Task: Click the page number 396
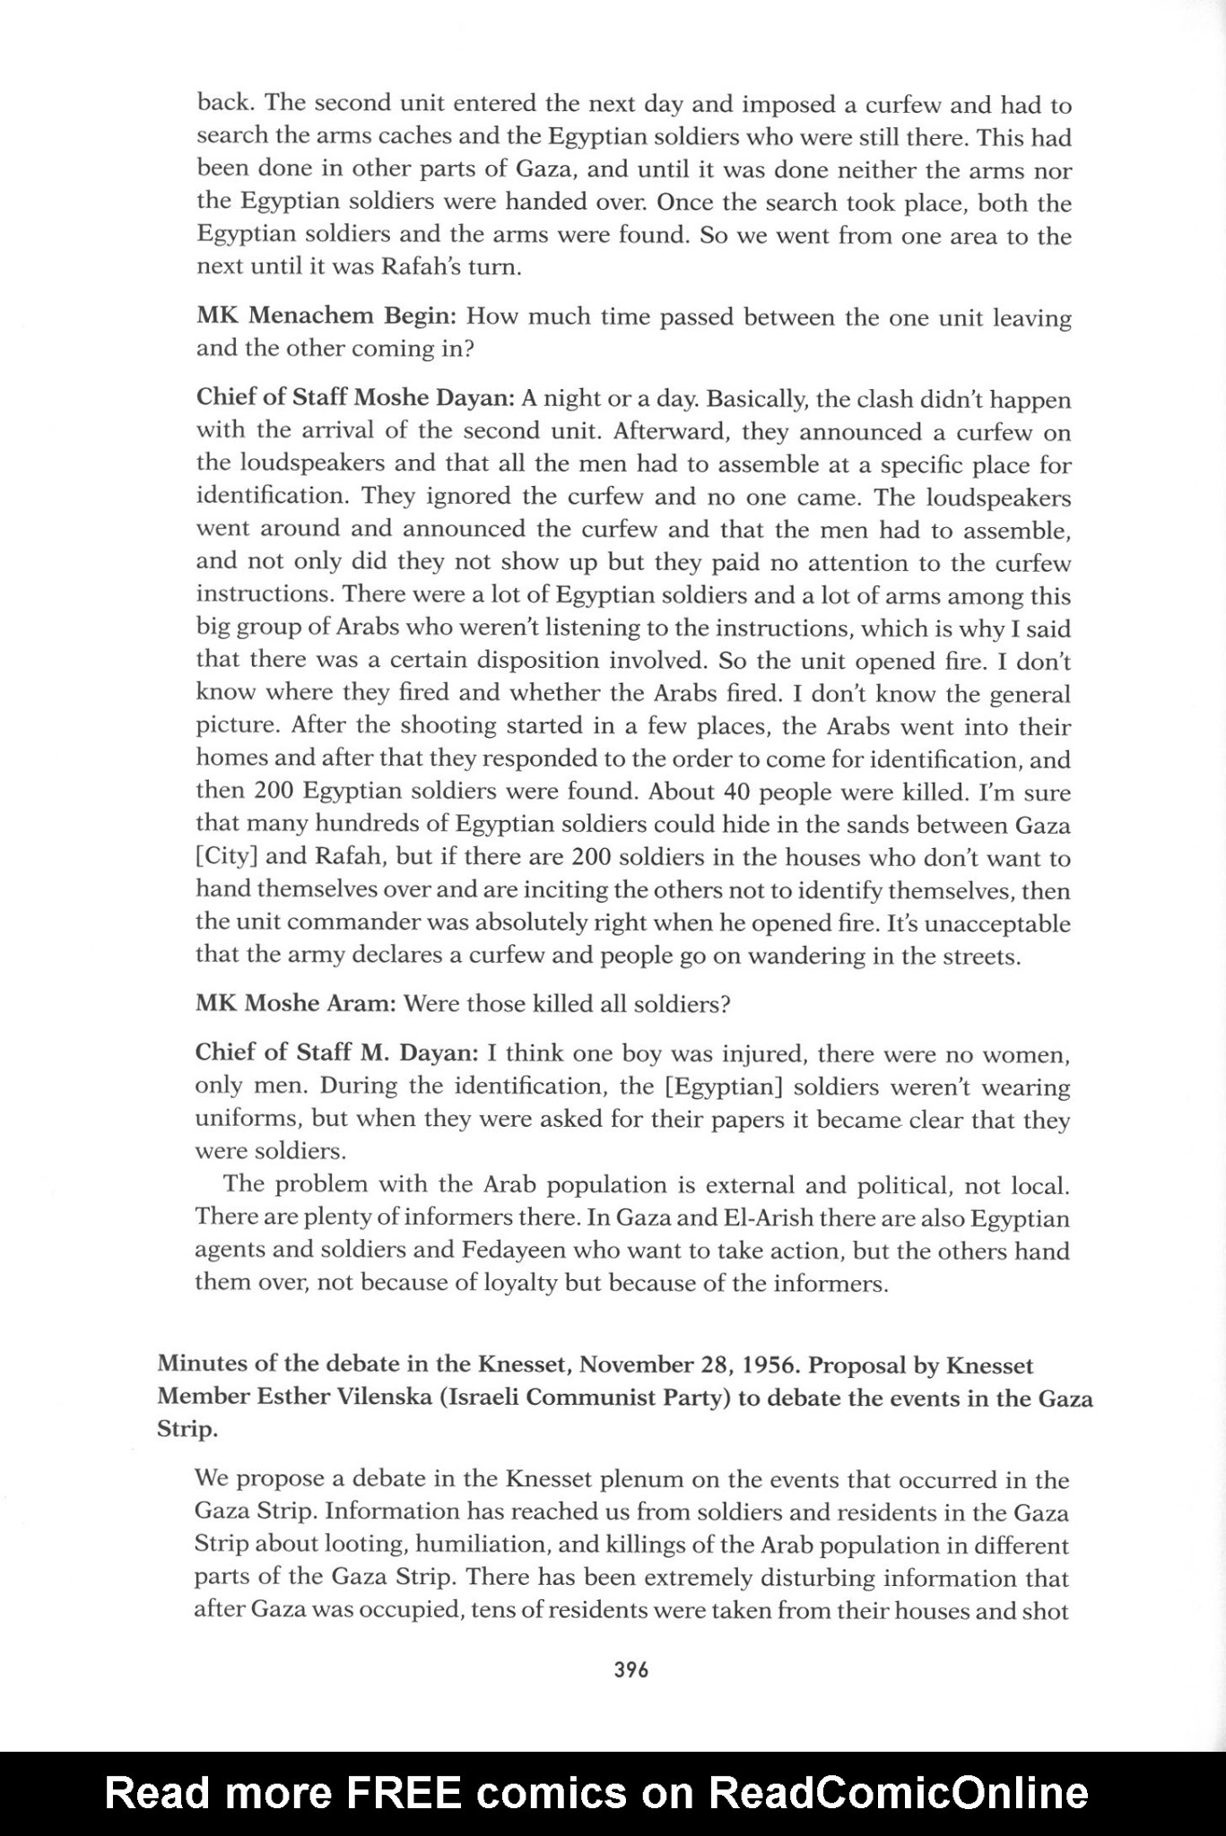pyautogui.click(x=631, y=1669)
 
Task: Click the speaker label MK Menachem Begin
pyautogui.click(x=327, y=316)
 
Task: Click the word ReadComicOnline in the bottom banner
pyautogui.click(x=899, y=1793)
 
